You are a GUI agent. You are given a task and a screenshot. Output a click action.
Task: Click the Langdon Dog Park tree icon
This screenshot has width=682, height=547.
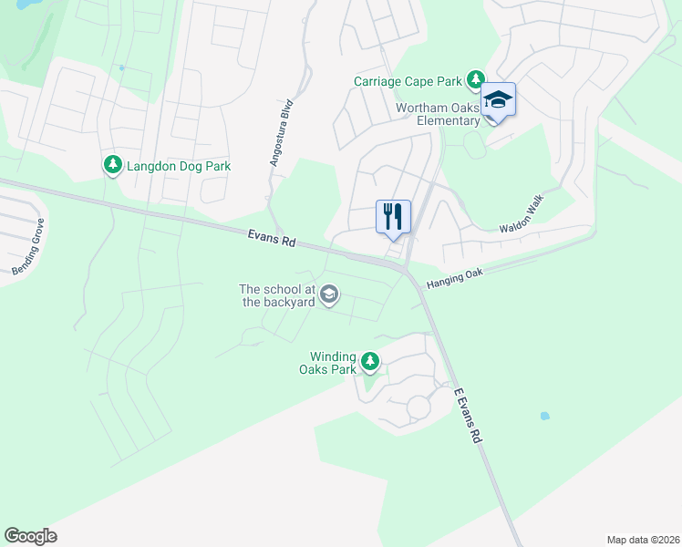click(112, 165)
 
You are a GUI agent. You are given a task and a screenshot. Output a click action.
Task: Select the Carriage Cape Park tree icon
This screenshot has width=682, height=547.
click(475, 80)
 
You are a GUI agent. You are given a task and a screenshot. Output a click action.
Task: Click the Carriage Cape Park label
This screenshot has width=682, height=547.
click(409, 81)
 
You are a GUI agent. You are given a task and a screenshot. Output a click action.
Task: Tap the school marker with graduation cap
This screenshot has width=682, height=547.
click(499, 98)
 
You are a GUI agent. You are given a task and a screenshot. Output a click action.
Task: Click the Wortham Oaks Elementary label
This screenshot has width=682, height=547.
click(438, 114)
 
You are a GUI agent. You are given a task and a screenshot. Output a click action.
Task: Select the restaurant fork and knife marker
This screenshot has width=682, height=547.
click(394, 217)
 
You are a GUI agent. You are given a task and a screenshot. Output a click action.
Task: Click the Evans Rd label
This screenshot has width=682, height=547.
click(272, 239)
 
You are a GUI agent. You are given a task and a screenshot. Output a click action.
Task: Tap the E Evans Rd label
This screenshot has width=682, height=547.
click(467, 415)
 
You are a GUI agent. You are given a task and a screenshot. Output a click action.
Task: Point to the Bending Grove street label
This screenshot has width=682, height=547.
click(28, 251)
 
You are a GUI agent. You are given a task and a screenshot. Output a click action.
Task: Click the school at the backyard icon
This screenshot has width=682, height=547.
click(329, 294)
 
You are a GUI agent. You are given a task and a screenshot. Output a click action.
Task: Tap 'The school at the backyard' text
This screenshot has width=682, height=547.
click(276, 295)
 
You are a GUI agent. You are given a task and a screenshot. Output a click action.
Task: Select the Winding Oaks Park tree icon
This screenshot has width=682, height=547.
click(369, 362)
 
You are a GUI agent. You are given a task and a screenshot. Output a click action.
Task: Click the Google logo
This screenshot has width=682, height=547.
click(30, 536)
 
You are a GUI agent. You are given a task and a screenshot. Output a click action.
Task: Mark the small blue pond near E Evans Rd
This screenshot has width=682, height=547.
click(544, 416)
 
